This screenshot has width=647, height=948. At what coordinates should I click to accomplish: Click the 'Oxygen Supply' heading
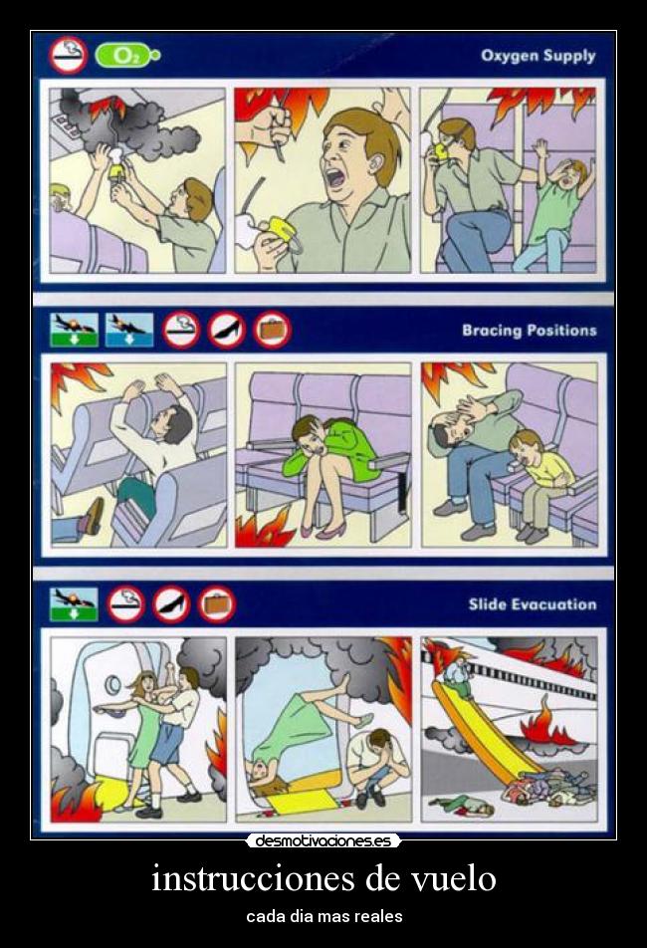(538, 56)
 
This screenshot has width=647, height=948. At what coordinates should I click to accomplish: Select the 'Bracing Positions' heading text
(529, 330)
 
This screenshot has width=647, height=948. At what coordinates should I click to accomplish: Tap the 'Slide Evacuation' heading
(533, 604)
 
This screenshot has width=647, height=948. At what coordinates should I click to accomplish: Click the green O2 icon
(121, 56)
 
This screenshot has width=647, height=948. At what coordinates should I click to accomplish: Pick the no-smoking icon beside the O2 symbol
(69, 54)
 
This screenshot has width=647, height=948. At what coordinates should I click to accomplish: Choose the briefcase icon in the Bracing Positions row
(272, 330)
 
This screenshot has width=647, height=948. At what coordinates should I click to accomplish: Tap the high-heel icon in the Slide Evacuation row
(171, 604)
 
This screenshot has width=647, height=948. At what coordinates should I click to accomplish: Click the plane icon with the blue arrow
(129, 329)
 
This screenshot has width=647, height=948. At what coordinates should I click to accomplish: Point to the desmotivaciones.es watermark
(323, 841)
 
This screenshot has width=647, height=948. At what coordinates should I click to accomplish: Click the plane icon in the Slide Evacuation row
(74, 603)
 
